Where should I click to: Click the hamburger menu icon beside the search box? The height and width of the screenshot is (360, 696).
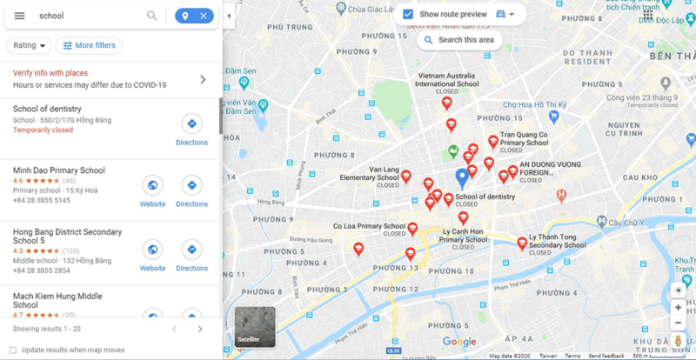(x=19, y=16)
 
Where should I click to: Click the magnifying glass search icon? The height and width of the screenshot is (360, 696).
(x=152, y=16)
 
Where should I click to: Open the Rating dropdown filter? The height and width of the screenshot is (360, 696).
(x=30, y=45)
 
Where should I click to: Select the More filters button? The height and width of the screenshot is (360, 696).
(x=89, y=45)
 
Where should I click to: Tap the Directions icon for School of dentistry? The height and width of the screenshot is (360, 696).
(x=191, y=123)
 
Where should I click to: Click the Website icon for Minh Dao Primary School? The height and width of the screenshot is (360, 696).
(x=152, y=185)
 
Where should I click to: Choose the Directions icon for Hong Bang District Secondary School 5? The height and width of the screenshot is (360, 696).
(x=191, y=250)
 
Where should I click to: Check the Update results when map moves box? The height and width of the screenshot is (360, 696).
(x=13, y=350)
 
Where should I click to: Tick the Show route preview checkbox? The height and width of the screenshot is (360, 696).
(x=408, y=14)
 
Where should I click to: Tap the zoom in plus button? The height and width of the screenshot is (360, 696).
(x=679, y=307)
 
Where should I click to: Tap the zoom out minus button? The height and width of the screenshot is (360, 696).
(x=679, y=323)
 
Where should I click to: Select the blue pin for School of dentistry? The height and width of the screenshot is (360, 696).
(x=462, y=178)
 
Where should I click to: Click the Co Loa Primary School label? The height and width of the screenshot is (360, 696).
(x=369, y=226)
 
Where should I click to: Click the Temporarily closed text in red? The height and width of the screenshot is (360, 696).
(x=43, y=130)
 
